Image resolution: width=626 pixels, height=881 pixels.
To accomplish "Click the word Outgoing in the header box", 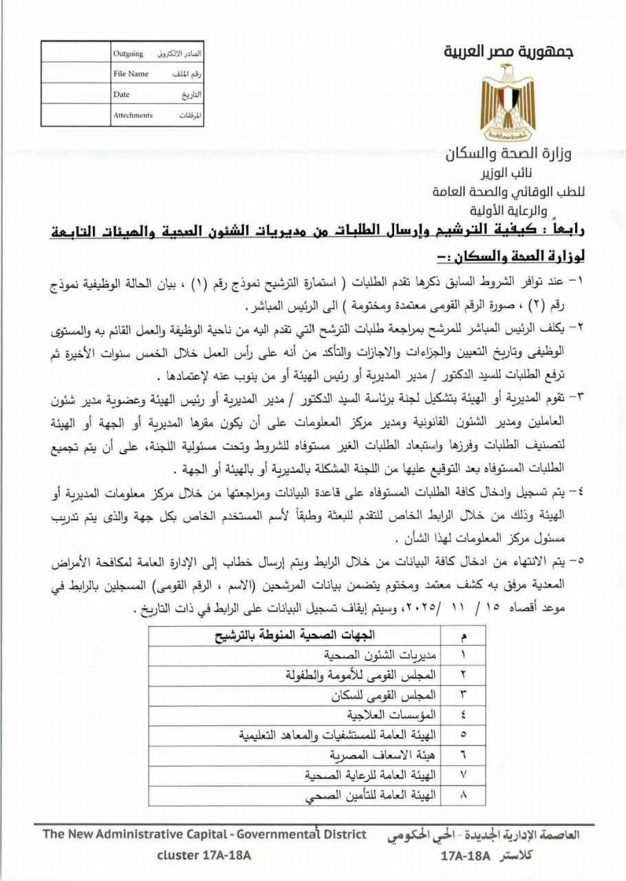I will (128, 54).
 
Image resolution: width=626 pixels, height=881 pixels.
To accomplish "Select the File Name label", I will (131, 74).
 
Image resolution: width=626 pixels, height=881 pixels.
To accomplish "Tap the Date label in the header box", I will (122, 94).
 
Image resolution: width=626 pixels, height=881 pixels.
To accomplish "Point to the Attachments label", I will (133, 115).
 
